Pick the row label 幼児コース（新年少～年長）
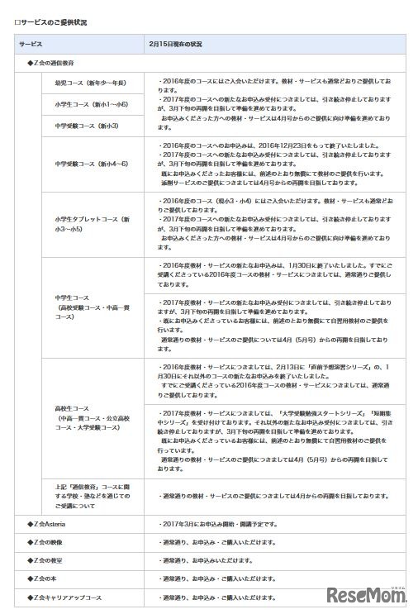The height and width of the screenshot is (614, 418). point(91,83)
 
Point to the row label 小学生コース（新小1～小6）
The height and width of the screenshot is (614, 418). point(91,104)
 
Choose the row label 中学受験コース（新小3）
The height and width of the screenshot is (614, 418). point(86,126)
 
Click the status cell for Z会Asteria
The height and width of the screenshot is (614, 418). point(213,524)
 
